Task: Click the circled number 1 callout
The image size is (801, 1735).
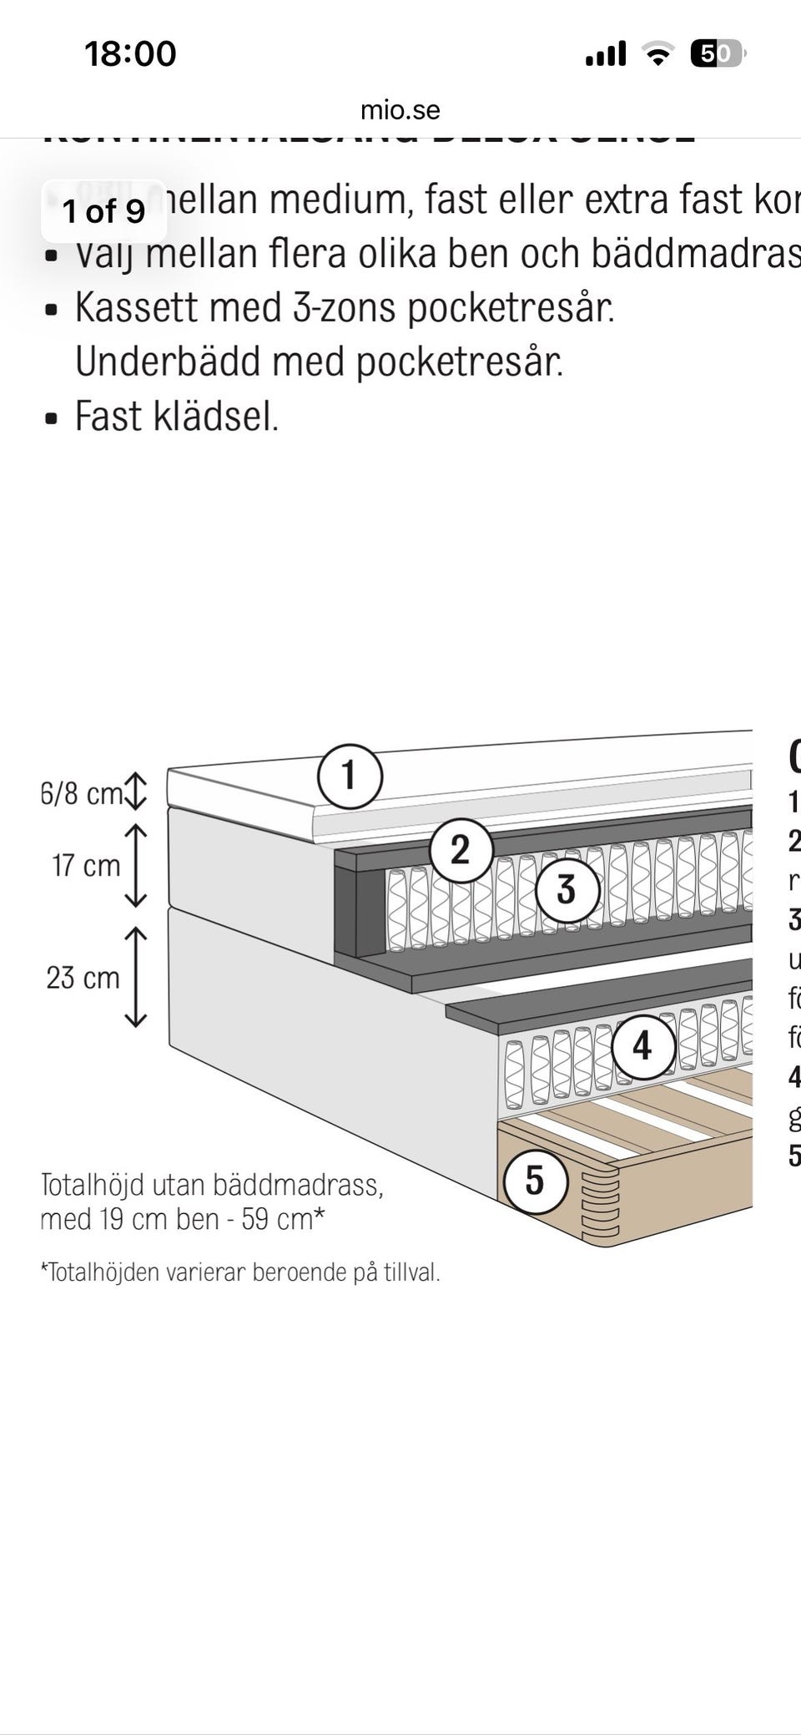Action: click(x=350, y=776)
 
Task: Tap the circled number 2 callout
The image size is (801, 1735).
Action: click(x=461, y=851)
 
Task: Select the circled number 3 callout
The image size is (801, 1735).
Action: click(x=567, y=889)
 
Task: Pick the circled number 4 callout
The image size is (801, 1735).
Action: click(x=642, y=1046)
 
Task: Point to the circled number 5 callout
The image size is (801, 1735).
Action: click(x=535, y=1181)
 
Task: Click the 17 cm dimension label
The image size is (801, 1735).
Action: click(x=87, y=866)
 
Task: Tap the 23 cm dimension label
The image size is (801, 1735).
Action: click(x=83, y=978)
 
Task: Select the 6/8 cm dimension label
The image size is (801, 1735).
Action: click(x=82, y=793)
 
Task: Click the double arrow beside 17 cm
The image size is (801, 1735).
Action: click(x=135, y=866)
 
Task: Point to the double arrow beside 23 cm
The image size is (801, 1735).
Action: click(x=135, y=977)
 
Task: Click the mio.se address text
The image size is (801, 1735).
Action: click(x=400, y=110)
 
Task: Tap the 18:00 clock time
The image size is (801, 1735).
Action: click(x=130, y=54)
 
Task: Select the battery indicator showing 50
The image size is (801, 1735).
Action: click(x=717, y=54)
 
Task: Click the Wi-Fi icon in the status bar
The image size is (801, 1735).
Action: click(x=658, y=54)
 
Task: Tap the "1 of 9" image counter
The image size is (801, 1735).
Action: click(x=104, y=211)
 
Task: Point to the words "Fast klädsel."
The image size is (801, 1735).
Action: click(x=177, y=416)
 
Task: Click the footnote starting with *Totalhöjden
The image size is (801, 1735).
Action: click(x=240, y=1272)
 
